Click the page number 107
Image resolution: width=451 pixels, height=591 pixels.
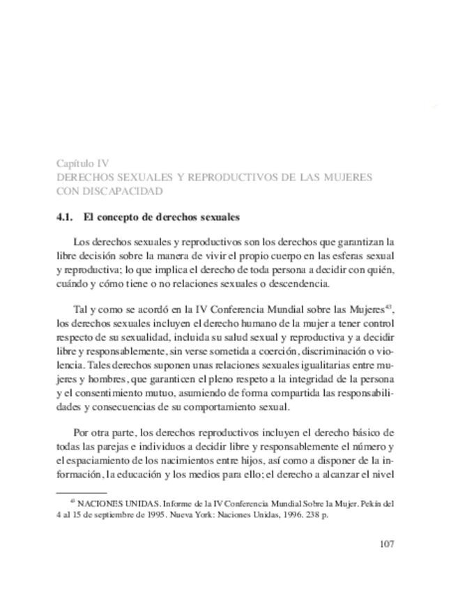click(386, 544)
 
